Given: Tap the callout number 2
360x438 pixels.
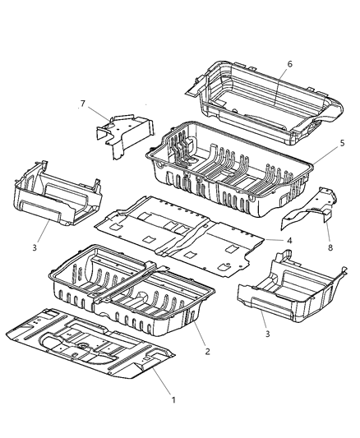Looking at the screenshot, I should point(208,351).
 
